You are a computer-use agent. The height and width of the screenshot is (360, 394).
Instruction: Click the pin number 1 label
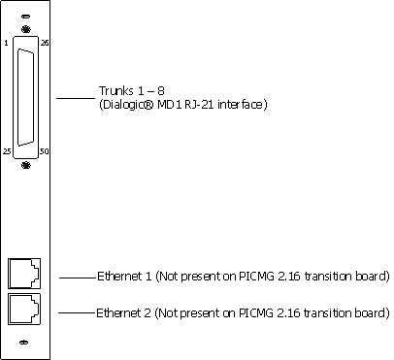(6, 43)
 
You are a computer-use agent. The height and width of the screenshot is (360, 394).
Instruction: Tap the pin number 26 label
(45, 43)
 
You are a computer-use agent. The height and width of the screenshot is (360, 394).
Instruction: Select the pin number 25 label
(7, 151)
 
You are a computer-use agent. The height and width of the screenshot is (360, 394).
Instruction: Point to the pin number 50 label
(45, 151)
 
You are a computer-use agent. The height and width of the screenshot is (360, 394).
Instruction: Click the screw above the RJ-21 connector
(26, 29)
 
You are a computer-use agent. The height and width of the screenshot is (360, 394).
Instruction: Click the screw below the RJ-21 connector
(26, 166)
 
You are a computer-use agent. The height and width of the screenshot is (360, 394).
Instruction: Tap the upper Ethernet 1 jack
(24, 274)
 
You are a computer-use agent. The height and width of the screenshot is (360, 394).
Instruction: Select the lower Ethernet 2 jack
(24, 309)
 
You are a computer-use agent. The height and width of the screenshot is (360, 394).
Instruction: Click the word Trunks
(115, 91)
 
